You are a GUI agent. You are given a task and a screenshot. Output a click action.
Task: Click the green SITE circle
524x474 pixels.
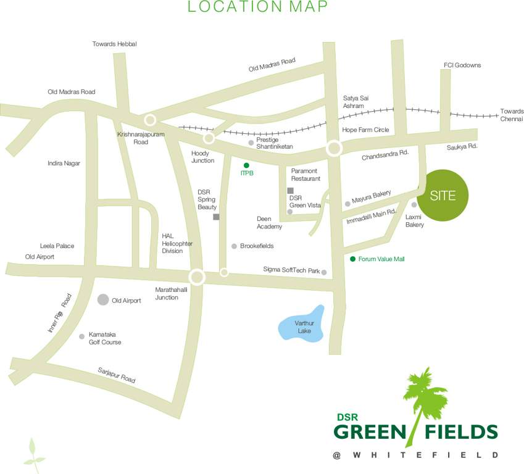click(x=443, y=196)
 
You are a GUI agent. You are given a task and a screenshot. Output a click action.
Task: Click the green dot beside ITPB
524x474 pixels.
click(x=246, y=165)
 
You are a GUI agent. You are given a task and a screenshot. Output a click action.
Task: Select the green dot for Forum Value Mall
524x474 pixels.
click(x=352, y=259)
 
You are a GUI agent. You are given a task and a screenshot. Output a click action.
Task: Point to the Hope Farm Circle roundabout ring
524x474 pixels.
click(x=334, y=148)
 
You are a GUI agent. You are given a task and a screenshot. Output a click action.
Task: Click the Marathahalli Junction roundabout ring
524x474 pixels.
click(x=197, y=277)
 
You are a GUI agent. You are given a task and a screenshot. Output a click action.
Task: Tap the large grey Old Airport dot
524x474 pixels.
click(x=103, y=300)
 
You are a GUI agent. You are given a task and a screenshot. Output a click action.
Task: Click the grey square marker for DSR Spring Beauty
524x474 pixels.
click(x=216, y=217)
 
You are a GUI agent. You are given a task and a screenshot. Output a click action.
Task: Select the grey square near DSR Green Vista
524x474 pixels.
click(x=291, y=190)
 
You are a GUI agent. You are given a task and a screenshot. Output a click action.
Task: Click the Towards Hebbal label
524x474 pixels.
click(x=114, y=44)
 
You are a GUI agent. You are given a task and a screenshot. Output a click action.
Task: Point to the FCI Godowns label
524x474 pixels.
click(x=462, y=65)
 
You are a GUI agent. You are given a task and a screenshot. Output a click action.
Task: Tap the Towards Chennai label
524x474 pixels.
click(x=511, y=115)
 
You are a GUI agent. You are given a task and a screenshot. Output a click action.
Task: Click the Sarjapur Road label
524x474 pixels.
click(x=116, y=375)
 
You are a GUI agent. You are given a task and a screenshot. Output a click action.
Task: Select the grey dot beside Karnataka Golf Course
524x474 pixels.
click(x=81, y=336)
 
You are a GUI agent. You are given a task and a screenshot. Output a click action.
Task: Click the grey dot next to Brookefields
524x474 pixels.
click(x=234, y=246)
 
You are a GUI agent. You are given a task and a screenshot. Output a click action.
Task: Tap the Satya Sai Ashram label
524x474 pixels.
click(x=354, y=102)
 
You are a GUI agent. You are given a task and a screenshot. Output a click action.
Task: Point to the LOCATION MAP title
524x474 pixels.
click(x=258, y=7)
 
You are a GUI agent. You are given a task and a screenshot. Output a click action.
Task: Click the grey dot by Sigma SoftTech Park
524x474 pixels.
click(x=323, y=272)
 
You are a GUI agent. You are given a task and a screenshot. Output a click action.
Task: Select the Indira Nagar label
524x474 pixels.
click(x=64, y=163)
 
